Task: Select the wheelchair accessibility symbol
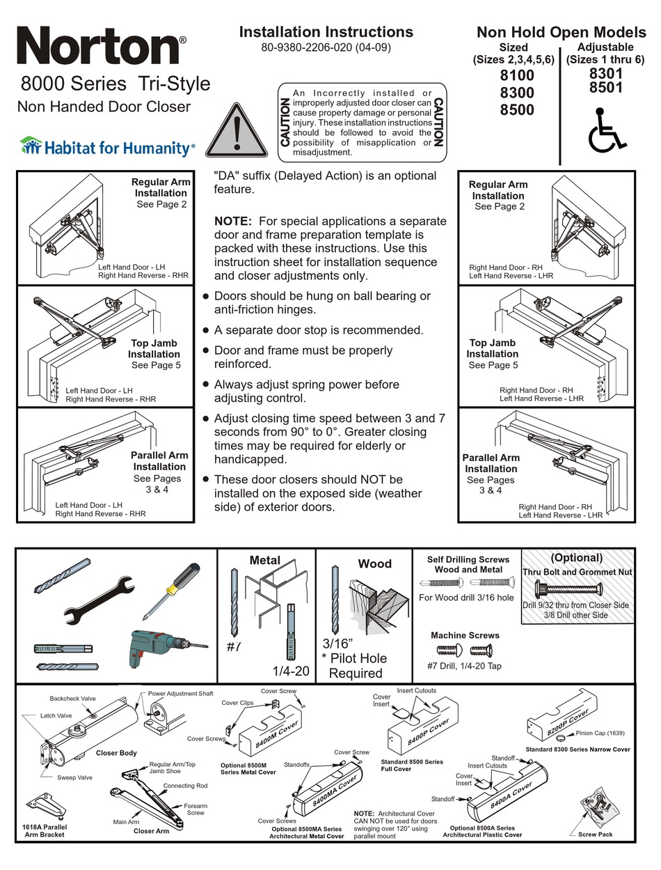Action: click(x=608, y=130)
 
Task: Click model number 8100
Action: click(x=517, y=75)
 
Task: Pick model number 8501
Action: click(x=605, y=88)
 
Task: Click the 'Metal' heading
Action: click(x=264, y=560)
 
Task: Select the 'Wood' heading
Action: click(x=374, y=564)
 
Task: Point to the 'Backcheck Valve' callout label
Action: click(x=72, y=698)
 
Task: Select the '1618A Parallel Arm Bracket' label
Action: click(x=43, y=830)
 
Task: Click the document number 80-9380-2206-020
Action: click(x=326, y=48)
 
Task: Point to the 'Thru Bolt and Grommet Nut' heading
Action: click(x=575, y=571)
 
